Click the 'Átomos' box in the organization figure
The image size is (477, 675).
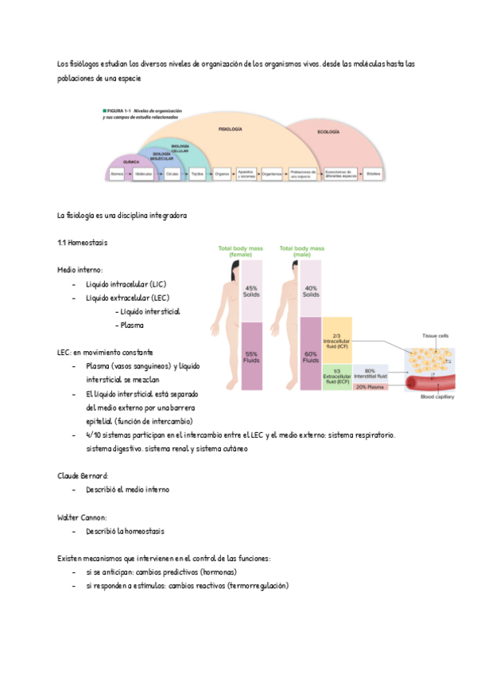117,173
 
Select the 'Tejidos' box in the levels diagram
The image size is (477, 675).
198,173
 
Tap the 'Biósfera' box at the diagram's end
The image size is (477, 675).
373,173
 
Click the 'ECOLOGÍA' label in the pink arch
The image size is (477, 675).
328,131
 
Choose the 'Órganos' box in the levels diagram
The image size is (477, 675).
222,173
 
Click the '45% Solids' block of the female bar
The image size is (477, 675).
252,291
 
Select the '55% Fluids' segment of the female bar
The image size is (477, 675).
252,356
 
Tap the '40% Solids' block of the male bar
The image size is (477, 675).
311,291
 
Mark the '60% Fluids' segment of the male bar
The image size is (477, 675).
311,356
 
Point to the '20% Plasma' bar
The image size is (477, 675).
370,387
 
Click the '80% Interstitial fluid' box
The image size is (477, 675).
370,373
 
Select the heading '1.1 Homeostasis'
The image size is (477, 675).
83,242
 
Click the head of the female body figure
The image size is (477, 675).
227,267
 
